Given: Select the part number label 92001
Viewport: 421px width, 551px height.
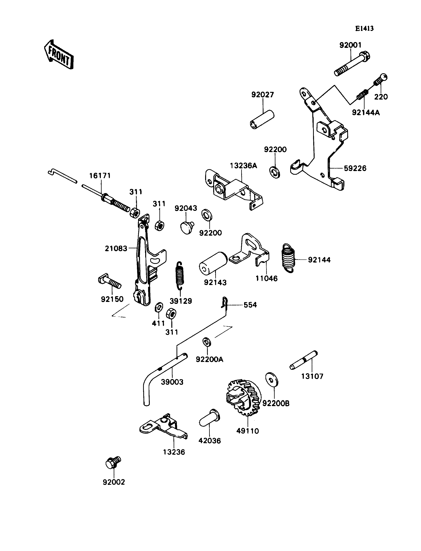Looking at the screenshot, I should tap(350, 45).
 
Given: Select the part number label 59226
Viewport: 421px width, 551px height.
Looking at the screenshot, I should tap(355, 168).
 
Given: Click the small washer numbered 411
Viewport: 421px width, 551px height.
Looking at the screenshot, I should tap(159, 307).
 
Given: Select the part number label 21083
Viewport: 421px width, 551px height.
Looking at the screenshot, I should tap(116, 248).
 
